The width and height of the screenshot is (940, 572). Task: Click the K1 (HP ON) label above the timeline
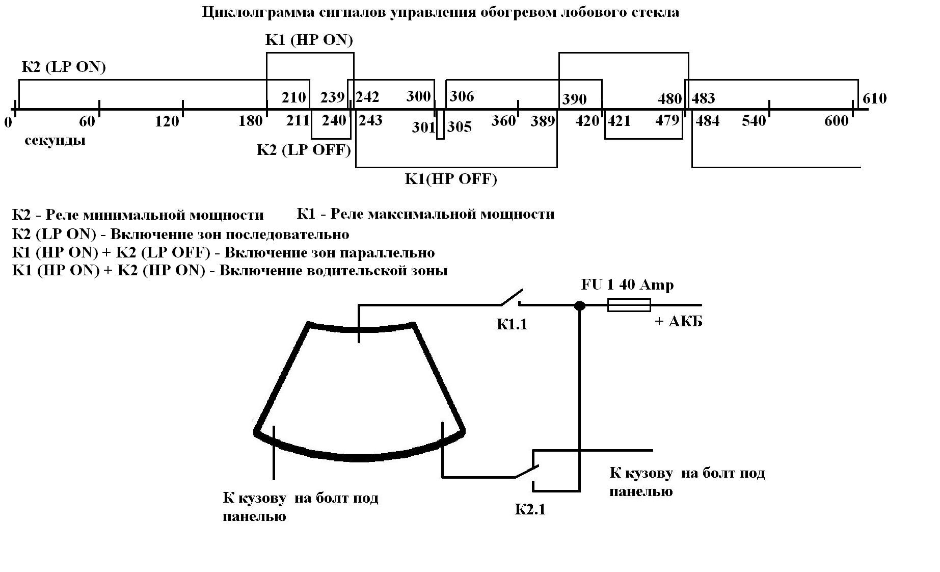309,40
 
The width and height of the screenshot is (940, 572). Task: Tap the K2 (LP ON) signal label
63,67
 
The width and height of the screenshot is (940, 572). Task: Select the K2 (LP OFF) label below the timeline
304,150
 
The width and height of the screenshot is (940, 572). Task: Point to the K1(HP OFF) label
450,179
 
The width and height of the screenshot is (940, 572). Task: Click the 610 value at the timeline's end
874,98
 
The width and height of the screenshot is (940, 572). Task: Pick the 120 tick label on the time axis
167,121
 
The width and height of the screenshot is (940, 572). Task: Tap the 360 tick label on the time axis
503,121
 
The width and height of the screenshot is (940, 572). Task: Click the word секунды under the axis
55,140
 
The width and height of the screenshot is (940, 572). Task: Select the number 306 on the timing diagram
462,96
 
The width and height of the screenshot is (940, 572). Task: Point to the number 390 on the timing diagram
574,99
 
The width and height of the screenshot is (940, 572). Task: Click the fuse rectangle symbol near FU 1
629,305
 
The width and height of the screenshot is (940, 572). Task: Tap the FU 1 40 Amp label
627,284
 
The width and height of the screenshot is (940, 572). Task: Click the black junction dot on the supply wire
579,306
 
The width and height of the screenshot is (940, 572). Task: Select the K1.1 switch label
512,324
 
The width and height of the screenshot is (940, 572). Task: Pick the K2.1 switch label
530,509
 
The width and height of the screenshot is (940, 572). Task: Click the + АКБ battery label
678,321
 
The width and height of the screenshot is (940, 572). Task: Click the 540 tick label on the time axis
754,121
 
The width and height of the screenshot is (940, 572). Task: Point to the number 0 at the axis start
8,122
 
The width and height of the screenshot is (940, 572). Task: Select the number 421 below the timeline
619,121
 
